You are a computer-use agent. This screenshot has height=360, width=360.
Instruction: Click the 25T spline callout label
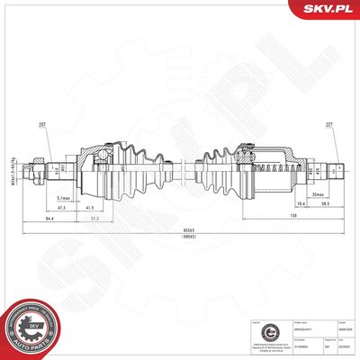42,125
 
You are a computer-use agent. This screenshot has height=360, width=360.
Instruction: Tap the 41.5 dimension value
103,205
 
